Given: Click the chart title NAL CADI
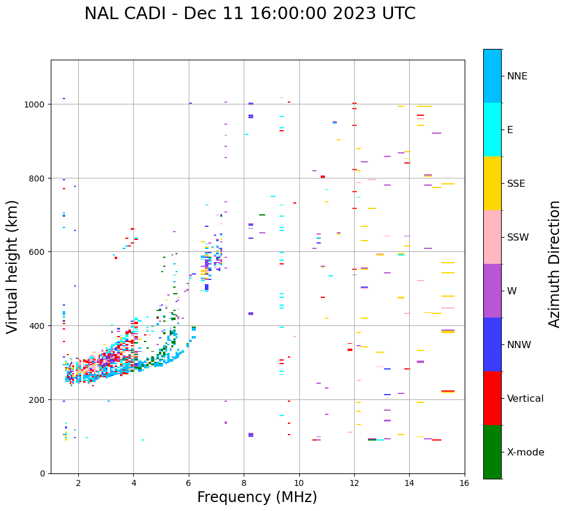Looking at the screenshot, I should point(250,14).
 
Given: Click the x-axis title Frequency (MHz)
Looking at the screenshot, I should point(257,497).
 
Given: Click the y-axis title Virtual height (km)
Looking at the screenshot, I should point(13,266).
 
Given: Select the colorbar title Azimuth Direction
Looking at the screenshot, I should point(555,264).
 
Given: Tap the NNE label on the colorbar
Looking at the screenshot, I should point(517,76).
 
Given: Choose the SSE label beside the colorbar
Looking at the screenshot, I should point(516,184).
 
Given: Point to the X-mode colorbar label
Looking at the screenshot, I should point(526,452).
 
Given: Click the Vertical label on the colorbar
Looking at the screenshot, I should point(525,399).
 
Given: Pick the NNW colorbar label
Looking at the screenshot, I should point(518,345).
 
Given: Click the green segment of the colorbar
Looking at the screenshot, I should point(492,452).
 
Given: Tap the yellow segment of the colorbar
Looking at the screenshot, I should point(492,183).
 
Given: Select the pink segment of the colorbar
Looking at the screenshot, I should point(492,237).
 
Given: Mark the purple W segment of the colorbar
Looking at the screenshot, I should point(492,291).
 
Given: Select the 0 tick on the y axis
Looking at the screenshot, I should point(42,473).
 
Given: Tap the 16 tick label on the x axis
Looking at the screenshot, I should point(465,484).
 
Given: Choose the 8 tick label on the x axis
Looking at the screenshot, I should point(244,484).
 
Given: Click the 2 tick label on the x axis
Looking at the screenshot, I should point(78,484).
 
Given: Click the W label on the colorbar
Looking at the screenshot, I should point(512,291).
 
